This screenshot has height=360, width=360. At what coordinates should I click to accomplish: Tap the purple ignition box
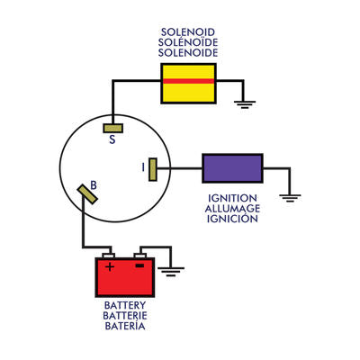pyautogui.click(x=232, y=167)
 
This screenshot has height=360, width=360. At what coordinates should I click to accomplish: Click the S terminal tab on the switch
pyautogui.click(x=112, y=127)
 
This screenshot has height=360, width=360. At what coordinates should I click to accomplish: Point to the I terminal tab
pyautogui.click(x=153, y=168)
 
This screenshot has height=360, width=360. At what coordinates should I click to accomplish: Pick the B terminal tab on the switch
pyautogui.click(x=87, y=193)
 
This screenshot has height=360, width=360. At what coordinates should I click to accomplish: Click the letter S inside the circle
pyautogui.click(x=112, y=139)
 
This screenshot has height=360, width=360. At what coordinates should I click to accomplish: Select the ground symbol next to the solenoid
pyautogui.click(x=241, y=103)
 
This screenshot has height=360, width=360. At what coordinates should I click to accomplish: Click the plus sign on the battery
pyautogui.click(x=110, y=266)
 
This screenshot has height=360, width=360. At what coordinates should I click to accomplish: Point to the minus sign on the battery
pyautogui.click(x=139, y=266)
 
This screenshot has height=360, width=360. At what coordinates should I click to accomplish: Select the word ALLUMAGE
pyautogui.click(x=232, y=209)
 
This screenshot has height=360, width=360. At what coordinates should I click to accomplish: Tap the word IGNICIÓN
pyautogui.click(x=232, y=220)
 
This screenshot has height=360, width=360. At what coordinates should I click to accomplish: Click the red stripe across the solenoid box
pyautogui.click(x=187, y=81)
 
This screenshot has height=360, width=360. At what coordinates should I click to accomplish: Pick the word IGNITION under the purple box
pyautogui.click(x=232, y=198)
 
